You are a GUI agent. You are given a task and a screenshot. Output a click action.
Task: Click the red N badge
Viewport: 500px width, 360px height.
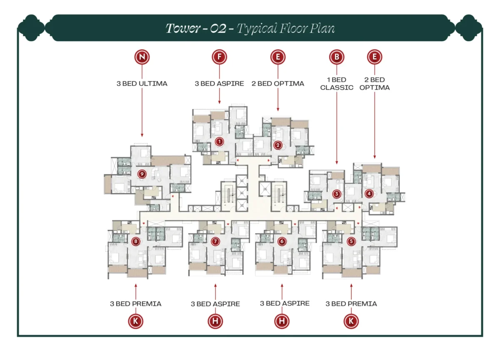coord(142,57)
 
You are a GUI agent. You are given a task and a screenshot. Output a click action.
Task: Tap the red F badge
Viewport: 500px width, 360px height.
coord(219,57)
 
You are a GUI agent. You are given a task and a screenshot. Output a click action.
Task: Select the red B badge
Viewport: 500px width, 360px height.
coord(337,57)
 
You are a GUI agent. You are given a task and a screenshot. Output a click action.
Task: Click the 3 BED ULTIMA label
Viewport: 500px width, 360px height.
coord(142,84)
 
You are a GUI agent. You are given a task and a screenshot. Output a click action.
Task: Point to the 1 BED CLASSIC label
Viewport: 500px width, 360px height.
coord(337,83)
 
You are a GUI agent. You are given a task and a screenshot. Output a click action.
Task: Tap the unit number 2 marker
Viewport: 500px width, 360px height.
coord(278,145)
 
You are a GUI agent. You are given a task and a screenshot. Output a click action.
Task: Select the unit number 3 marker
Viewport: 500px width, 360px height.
coord(337,194)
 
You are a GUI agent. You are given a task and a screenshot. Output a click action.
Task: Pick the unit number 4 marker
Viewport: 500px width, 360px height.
coord(369,194)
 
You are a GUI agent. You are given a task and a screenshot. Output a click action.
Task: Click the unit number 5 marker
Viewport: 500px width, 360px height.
coord(351,241)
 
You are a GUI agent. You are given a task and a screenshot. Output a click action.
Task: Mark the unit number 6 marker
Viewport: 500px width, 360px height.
coord(282,241)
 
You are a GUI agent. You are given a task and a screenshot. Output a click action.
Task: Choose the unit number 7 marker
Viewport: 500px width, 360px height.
coord(215,241)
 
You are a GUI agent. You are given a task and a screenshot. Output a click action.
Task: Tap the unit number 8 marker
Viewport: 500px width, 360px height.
coord(135,241)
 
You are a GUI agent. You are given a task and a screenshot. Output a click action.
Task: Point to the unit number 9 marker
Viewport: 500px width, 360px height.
coord(142,173)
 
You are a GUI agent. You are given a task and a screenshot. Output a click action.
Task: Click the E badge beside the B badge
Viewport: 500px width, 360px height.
coord(375,57)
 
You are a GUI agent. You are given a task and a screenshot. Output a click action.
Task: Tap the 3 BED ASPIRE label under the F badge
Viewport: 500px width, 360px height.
coord(219,84)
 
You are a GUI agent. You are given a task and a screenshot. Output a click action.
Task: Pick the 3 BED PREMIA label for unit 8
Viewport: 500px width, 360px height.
coord(135,304)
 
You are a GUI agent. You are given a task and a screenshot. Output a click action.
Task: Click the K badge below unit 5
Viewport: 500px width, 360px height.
coord(351,321)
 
